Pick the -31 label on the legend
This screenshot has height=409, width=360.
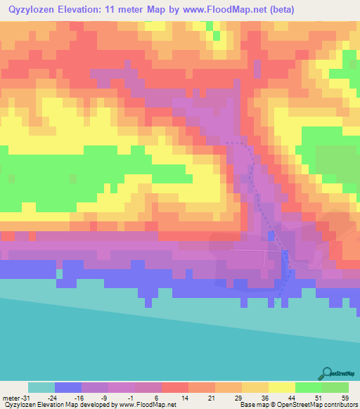[x=25, y=398]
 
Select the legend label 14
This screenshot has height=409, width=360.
[x=187, y=398]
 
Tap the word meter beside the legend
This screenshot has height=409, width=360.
[x=11, y=398]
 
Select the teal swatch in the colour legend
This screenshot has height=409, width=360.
[x=41, y=387]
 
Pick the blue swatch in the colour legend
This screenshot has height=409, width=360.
[x=68, y=387]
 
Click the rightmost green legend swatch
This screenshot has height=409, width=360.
[x=335, y=387]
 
